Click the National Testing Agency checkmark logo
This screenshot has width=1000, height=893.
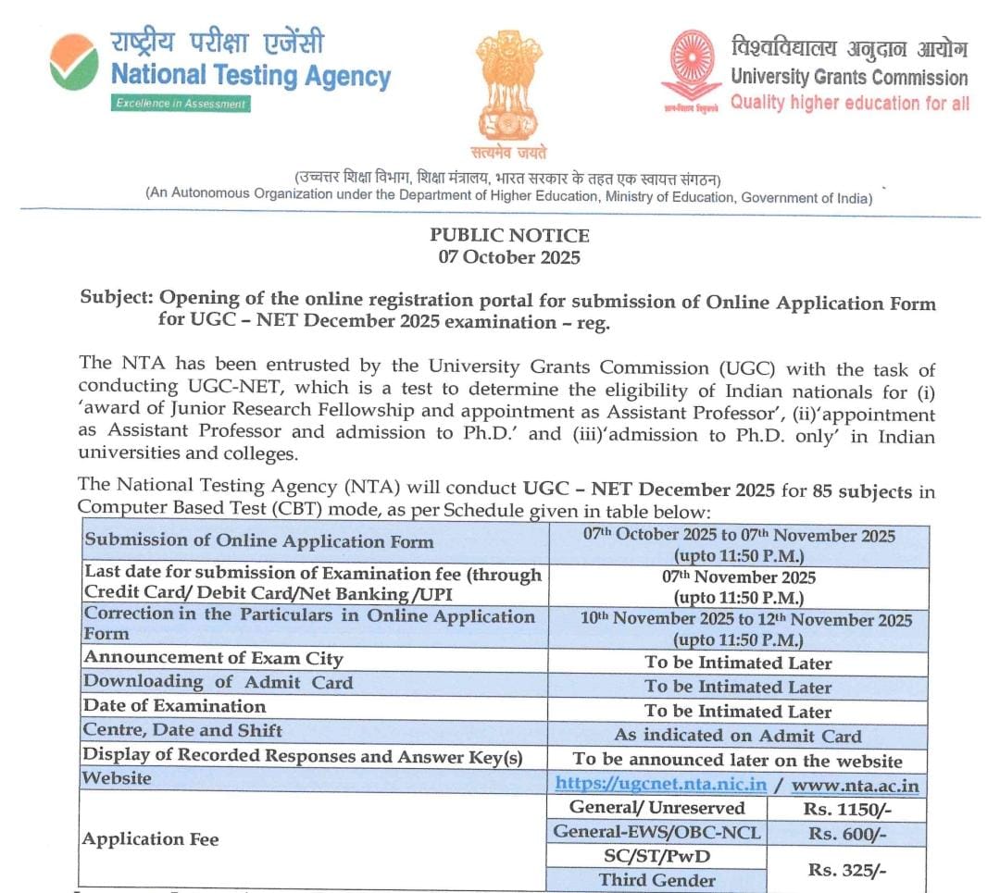74,63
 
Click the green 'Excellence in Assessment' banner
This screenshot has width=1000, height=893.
181,104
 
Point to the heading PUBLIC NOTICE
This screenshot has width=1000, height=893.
509,235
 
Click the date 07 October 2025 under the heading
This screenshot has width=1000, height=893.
509,257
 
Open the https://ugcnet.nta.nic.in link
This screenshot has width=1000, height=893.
661,785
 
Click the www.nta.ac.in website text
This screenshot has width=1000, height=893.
856,786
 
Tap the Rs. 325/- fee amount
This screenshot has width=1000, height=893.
848,869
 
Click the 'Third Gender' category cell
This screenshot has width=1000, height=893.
656,880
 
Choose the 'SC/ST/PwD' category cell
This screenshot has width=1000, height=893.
656,857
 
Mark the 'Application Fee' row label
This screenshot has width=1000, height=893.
151,839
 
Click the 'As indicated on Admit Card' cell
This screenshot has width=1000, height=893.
738,737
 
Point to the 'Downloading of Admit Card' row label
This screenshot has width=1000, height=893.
219,683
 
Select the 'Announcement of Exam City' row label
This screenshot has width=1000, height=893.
214,659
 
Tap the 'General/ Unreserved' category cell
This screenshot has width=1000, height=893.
656,808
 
